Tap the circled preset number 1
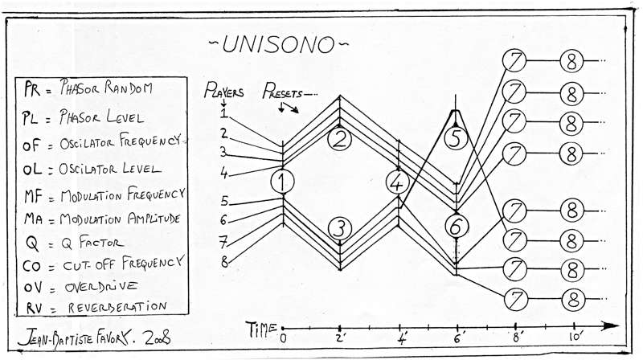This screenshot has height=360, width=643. tap(281, 182)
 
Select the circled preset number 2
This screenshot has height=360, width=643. tap(340, 140)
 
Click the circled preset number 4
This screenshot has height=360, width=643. tap(398, 182)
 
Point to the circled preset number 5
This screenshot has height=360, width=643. tap(456, 138)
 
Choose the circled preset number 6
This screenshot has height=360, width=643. tap(456, 227)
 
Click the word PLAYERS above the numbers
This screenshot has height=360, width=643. tap(224, 91)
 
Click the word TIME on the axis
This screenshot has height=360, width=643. tap(263, 327)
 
